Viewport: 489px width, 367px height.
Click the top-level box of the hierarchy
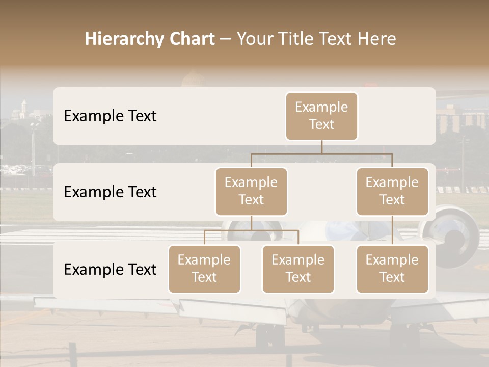(x=321, y=116)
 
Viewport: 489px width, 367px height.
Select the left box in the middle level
(x=251, y=191)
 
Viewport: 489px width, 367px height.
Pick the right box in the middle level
(x=392, y=191)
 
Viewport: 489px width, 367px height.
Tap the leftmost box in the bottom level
(x=204, y=269)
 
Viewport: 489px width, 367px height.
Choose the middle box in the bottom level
(x=298, y=269)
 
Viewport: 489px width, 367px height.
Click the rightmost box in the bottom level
(x=392, y=269)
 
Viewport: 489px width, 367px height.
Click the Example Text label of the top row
(x=110, y=116)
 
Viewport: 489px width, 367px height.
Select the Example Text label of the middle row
(x=110, y=192)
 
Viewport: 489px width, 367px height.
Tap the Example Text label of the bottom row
(x=110, y=269)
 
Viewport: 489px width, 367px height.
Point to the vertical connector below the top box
(x=321, y=147)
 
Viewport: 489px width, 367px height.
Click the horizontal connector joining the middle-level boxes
(x=321, y=153)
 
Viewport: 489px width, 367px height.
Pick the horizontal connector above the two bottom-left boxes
(x=251, y=230)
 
